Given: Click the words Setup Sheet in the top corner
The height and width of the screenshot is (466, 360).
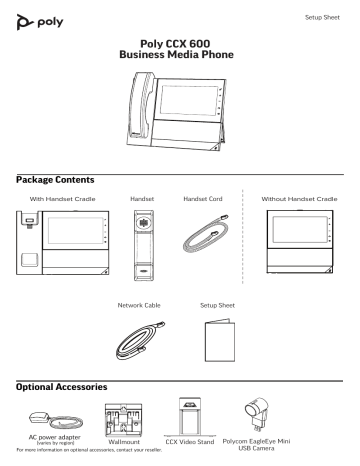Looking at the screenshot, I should point(324,17).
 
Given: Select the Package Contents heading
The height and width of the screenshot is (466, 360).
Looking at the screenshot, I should point(52,179).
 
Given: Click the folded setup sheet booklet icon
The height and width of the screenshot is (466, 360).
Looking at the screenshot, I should point(218,338).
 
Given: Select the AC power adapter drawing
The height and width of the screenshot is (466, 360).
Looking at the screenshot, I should point(45,417).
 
